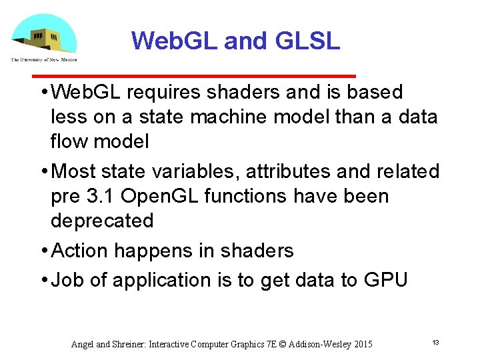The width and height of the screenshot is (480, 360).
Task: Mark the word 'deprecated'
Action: tap(102, 221)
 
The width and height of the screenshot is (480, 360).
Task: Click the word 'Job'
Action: tap(67, 280)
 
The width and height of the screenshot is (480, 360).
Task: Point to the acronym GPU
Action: tap(385, 280)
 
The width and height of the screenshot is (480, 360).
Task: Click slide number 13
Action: tap(435, 343)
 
